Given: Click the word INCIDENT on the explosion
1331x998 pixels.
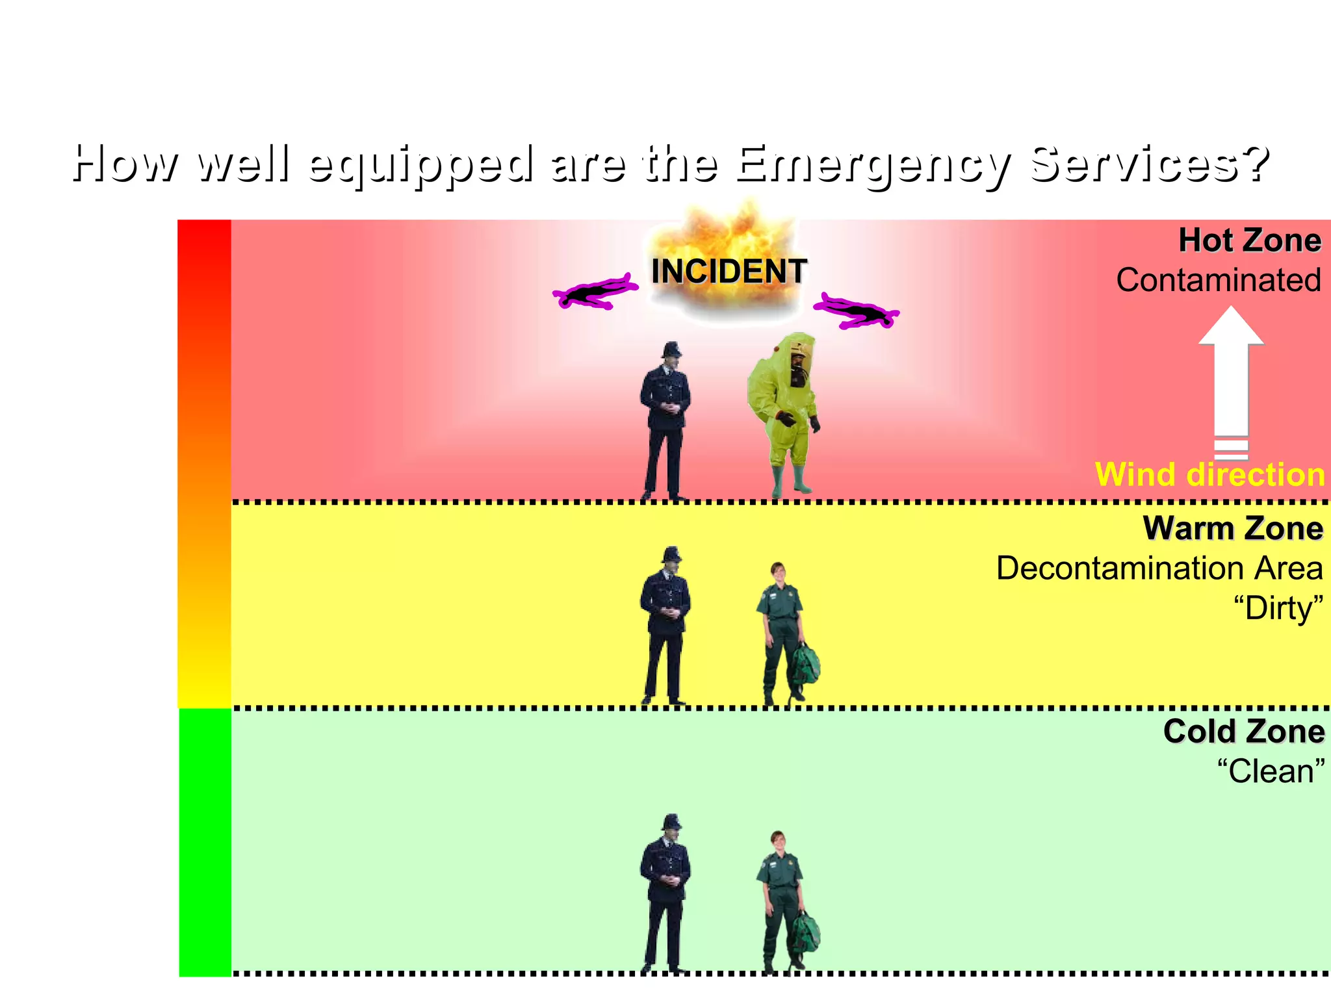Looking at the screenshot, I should point(729,271).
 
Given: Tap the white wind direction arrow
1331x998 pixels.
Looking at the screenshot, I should point(1231,383).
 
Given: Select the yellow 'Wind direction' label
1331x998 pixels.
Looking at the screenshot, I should point(1209,474).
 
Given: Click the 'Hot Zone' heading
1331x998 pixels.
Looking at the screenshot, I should point(1250,240).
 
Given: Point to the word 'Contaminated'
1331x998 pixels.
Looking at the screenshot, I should point(1219,281).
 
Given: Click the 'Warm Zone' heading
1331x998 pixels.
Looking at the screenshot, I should point(1233,528).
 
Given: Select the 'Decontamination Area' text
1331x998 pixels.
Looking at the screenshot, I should point(1159,569).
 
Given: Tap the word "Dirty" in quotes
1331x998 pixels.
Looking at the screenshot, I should point(1278,609).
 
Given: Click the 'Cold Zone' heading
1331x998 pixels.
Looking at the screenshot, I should point(1243,732).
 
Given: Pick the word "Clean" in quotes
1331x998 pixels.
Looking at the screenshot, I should point(1271,772).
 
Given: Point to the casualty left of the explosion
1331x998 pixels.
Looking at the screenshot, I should point(595,293).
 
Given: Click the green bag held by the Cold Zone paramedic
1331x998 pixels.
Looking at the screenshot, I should point(806,932).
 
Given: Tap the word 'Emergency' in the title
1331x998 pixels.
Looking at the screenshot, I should point(873,164).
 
